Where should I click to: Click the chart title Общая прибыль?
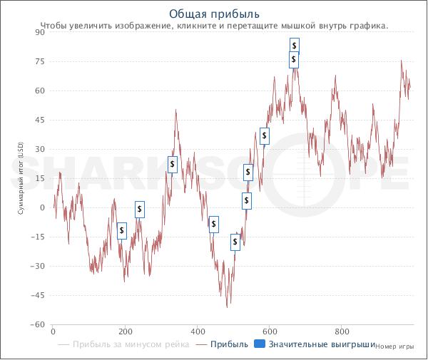(x=215, y=14)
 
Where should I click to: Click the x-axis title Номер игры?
(x=394, y=346)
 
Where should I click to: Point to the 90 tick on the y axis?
(x=41, y=32)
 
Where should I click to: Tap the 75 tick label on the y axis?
(x=41, y=61)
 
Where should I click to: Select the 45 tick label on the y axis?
(x=41, y=120)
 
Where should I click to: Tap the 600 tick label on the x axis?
(x=270, y=331)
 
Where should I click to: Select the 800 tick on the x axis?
(x=342, y=331)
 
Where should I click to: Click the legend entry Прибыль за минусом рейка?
(x=131, y=345)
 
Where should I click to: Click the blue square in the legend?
(x=260, y=345)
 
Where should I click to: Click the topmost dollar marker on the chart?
(x=294, y=46)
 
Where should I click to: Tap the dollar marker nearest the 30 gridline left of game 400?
(x=173, y=165)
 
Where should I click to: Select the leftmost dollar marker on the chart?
(x=122, y=230)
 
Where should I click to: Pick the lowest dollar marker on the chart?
(x=235, y=242)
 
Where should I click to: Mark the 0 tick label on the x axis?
(x=53, y=331)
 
